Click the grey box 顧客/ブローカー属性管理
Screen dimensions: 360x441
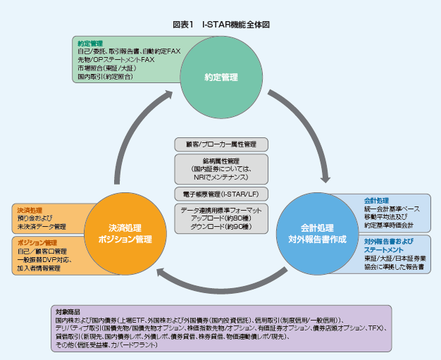coord(220,144)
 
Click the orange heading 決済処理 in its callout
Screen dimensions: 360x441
coord(30,210)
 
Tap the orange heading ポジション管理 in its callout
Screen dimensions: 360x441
coord(37,243)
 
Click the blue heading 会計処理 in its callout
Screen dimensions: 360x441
coord(376,201)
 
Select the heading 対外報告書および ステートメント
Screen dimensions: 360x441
coord(385,245)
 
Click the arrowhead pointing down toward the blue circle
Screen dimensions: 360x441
coord(325,177)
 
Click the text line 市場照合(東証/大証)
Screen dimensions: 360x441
coord(105,68)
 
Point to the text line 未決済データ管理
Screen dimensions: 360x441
coord(42,227)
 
